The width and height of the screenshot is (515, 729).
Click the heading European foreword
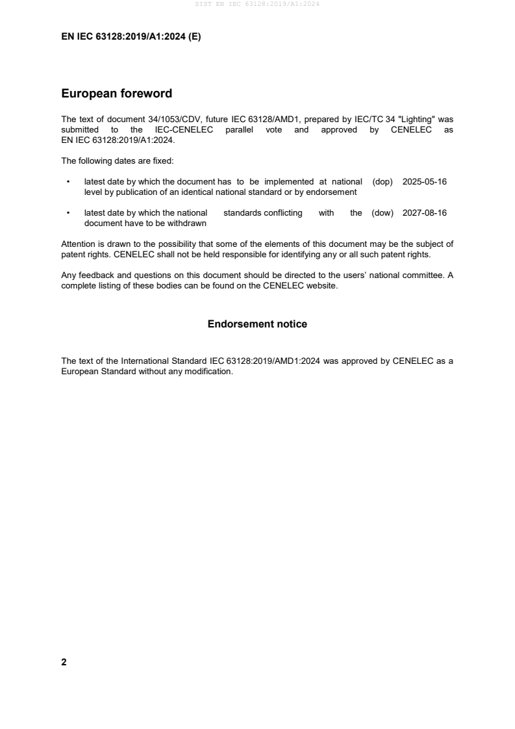pos(116,94)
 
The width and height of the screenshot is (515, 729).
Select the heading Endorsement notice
pos(257,324)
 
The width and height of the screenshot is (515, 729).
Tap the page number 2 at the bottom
pos(64,662)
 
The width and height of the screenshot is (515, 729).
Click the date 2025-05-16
pos(424,182)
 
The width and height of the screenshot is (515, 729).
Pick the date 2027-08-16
pos(424,213)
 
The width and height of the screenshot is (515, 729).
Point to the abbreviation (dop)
pos(383,182)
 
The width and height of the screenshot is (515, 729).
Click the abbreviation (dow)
pos(383,213)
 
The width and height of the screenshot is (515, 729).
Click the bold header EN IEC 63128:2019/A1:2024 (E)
pos(131,37)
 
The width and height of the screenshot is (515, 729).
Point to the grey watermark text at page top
pos(257,5)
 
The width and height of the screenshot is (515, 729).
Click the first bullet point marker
pos(68,182)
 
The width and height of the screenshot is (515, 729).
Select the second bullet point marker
pos(68,213)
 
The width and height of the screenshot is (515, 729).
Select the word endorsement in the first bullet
pos(334,192)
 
